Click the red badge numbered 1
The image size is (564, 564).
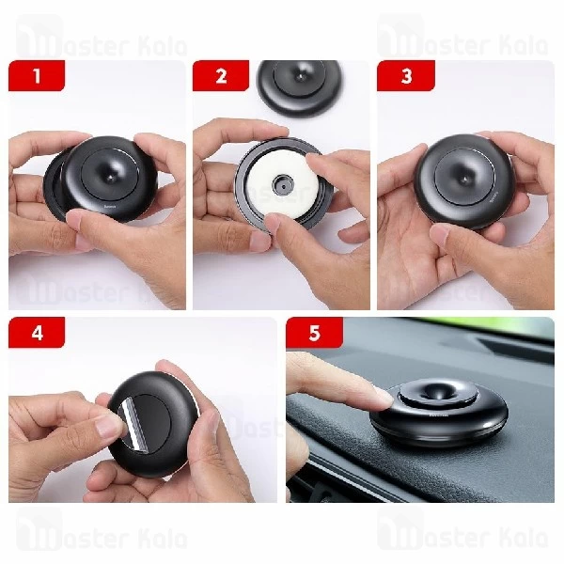click(37, 76)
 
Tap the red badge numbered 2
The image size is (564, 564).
click(221, 76)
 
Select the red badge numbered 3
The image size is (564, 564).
click(406, 76)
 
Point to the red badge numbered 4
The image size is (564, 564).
click(37, 333)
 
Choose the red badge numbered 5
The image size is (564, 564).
click(314, 333)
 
